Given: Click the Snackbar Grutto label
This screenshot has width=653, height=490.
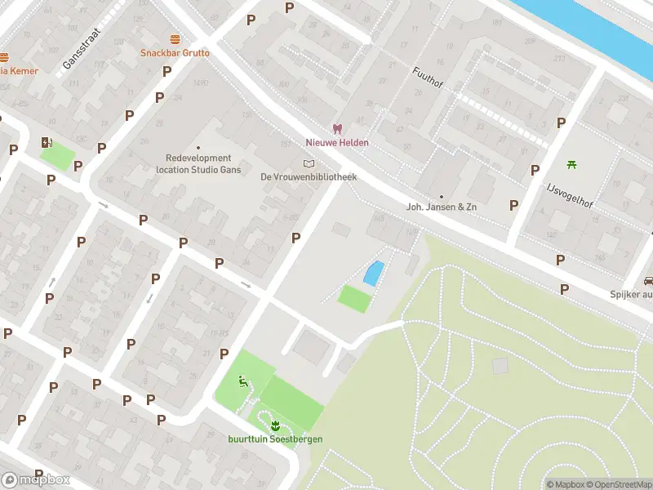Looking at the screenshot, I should (175, 53).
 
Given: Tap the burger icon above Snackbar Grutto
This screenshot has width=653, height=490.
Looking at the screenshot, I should (175, 39).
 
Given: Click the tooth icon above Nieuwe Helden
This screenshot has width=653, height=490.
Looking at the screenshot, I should (336, 129).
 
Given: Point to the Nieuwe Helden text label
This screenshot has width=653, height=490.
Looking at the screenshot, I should (336, 143).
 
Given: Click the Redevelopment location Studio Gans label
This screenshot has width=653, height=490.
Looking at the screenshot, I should (198, 164).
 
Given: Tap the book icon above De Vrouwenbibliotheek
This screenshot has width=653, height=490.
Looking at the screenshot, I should (308, 163).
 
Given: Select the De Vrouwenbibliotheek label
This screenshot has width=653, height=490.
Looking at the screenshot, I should (309, 176).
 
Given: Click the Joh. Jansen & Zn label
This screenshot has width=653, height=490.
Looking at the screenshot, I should (441, 207).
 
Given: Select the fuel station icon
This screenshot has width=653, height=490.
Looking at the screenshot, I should (46, 142).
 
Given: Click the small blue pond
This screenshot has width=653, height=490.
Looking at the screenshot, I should (372, 273).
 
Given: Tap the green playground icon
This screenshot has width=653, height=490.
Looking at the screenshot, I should (242, 380).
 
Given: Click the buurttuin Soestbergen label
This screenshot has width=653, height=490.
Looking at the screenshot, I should (275, 439).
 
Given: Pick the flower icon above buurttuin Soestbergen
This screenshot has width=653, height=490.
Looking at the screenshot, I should (275, 424).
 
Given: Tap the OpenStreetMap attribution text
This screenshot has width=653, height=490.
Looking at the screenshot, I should (617, 484).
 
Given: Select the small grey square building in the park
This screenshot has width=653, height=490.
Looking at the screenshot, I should (500, 366).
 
